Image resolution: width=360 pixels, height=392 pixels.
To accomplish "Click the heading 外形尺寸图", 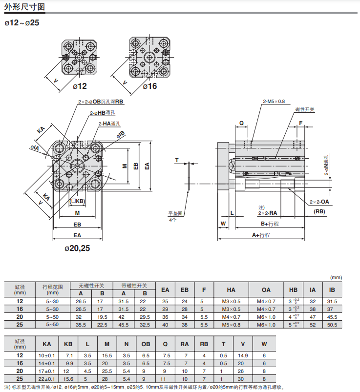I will tap(24, 7).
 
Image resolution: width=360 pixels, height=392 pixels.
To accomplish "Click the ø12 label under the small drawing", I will tap(80, 86).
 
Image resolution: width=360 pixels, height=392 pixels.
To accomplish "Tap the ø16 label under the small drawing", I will tap(149, 86).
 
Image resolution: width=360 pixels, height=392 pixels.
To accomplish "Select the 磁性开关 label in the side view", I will tap(305, 109).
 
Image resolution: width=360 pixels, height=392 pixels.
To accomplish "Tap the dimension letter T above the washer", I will tap(177, 160).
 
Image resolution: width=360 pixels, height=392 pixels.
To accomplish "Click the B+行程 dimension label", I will tap(269, 224).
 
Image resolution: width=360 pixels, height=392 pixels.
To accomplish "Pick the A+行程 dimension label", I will tap(261, 235).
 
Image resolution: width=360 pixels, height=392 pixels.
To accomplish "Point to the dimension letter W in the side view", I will tap(223, 224).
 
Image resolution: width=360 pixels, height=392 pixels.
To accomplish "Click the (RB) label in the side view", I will tap(319, 211).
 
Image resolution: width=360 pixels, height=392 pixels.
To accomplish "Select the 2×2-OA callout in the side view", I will tap(319, 202).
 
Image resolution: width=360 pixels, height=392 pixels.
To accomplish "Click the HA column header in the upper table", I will tap(231, 290).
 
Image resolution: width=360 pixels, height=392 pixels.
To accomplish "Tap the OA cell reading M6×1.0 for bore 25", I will tap(266, 324).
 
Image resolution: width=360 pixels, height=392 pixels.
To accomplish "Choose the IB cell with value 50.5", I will tap(332, 324).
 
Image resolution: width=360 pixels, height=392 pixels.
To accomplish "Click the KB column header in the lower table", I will tap(69, 344).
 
